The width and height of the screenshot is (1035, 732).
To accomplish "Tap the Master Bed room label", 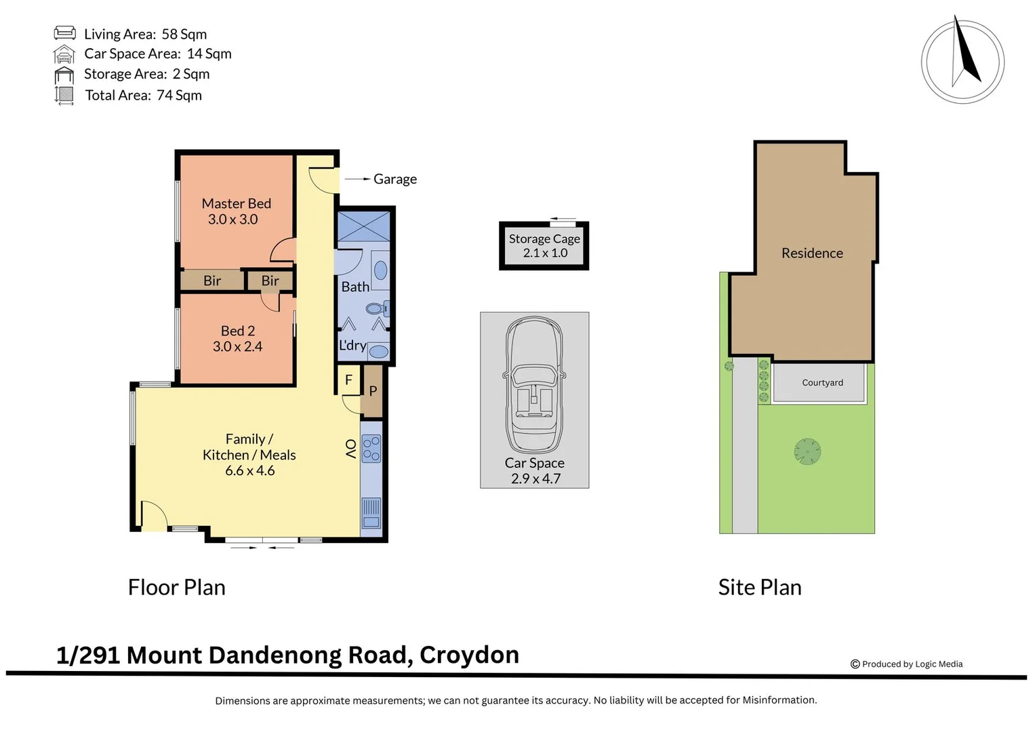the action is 236,203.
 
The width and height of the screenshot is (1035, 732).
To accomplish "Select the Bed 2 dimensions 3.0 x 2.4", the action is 237,346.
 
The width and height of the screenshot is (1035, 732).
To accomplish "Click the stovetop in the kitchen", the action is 371,448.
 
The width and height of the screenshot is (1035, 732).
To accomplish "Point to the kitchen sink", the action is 371,513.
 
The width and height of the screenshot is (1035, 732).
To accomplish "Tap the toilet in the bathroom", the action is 378,308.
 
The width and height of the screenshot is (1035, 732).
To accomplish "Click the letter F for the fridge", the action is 349,380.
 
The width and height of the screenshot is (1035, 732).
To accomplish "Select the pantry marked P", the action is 372,391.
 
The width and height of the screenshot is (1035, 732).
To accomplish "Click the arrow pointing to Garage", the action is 358,179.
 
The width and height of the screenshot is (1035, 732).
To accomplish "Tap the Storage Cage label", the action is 544,239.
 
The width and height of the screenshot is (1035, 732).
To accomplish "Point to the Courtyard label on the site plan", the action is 822,383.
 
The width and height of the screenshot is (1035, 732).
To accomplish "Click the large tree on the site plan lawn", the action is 808,451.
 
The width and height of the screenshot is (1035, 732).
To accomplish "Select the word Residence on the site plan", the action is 812,253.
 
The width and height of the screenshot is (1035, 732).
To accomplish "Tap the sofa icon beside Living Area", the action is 64,33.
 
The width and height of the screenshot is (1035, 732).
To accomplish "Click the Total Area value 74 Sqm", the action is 179,95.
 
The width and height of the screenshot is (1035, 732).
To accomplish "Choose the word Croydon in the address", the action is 470,655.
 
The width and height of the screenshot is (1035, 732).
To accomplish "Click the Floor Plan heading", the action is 176,588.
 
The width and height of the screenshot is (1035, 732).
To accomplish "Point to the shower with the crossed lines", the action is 364,226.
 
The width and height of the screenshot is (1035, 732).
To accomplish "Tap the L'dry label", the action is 352,345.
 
